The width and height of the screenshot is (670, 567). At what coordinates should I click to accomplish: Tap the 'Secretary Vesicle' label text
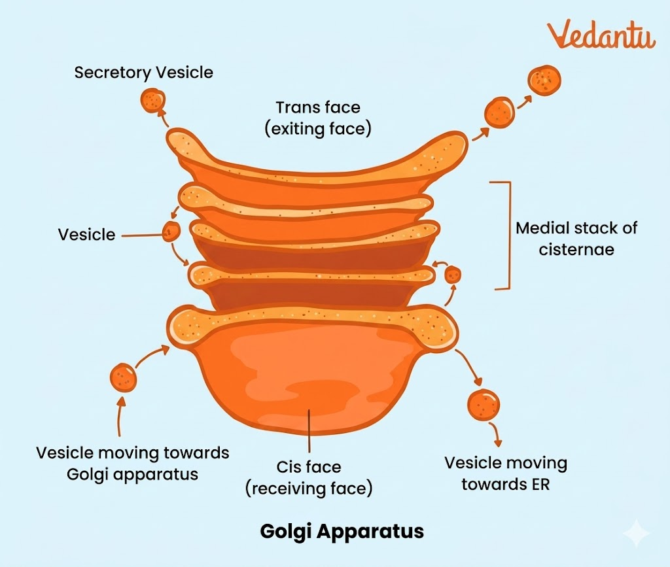pyautogui.click(x=143, y=72)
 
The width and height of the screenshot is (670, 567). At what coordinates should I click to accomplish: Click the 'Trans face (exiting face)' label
pyautogui.click(x=318, y=118)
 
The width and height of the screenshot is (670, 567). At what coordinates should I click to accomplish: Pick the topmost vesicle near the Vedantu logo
pyautogui.click(x=544, y=79)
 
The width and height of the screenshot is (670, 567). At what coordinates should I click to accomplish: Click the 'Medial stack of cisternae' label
pyautogui.click(x=576, y=238)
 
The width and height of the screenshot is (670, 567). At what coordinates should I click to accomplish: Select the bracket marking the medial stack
pyautogui.click(x=504, y=235)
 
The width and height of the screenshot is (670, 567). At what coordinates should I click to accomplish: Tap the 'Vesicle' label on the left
pyautogui.click(x=86, y=234)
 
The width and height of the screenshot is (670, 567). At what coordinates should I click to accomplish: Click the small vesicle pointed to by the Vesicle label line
pyautogui.click(x=171, y=231)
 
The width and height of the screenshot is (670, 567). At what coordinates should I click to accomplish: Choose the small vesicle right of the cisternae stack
pyautogui.click(x=452, y=275)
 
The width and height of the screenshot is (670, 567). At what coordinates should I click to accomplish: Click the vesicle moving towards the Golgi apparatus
pyautogui.click(x=124, y=377)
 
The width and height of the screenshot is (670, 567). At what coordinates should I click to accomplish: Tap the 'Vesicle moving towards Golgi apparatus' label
pyautogui.click(x=132, y=463)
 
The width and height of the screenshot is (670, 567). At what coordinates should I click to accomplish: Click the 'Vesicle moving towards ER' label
pyautogui.click(x=506, y=473)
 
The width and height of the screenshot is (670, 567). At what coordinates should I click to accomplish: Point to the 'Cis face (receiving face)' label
pyautogui.click(x=309, y=477)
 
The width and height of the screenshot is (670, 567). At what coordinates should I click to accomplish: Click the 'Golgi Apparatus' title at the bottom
pyautogui.click(x=342, y=530)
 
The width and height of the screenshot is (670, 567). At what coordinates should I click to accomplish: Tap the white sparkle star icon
pyautogui.click(x=635, y=534)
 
